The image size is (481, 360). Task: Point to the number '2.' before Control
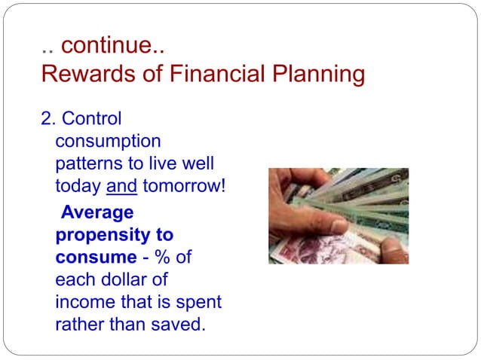(x=48, y=119)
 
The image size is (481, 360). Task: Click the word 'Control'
(x=91, y=119)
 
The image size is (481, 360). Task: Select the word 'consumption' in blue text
(x=108, y=141)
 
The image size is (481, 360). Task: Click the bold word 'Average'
(x=97, y=213)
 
